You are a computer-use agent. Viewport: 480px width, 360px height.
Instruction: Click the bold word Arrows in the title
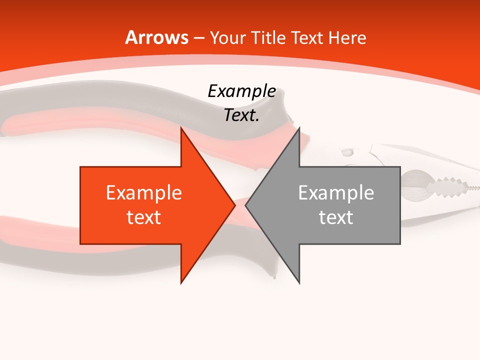click(x=156, y=37)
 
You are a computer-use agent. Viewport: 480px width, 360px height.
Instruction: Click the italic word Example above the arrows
click(x=241, y=91)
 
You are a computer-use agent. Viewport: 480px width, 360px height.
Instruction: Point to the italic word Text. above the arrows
click(x=241, y=115)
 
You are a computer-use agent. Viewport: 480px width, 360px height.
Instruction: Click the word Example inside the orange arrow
click(x=144, y=193)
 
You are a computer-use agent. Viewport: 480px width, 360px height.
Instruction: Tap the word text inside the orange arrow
click(x=144, y=217)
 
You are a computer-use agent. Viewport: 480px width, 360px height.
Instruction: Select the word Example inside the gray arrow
click(x=336, y=193)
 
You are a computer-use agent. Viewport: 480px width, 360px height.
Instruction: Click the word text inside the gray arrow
click(x=336, y=217)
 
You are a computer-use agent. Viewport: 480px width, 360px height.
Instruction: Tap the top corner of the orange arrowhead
click(x=181, y=129)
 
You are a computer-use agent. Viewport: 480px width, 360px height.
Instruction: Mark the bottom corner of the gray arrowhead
click(x=299, y=282)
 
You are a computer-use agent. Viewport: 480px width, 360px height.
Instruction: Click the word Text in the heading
click(x=307, y=37)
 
